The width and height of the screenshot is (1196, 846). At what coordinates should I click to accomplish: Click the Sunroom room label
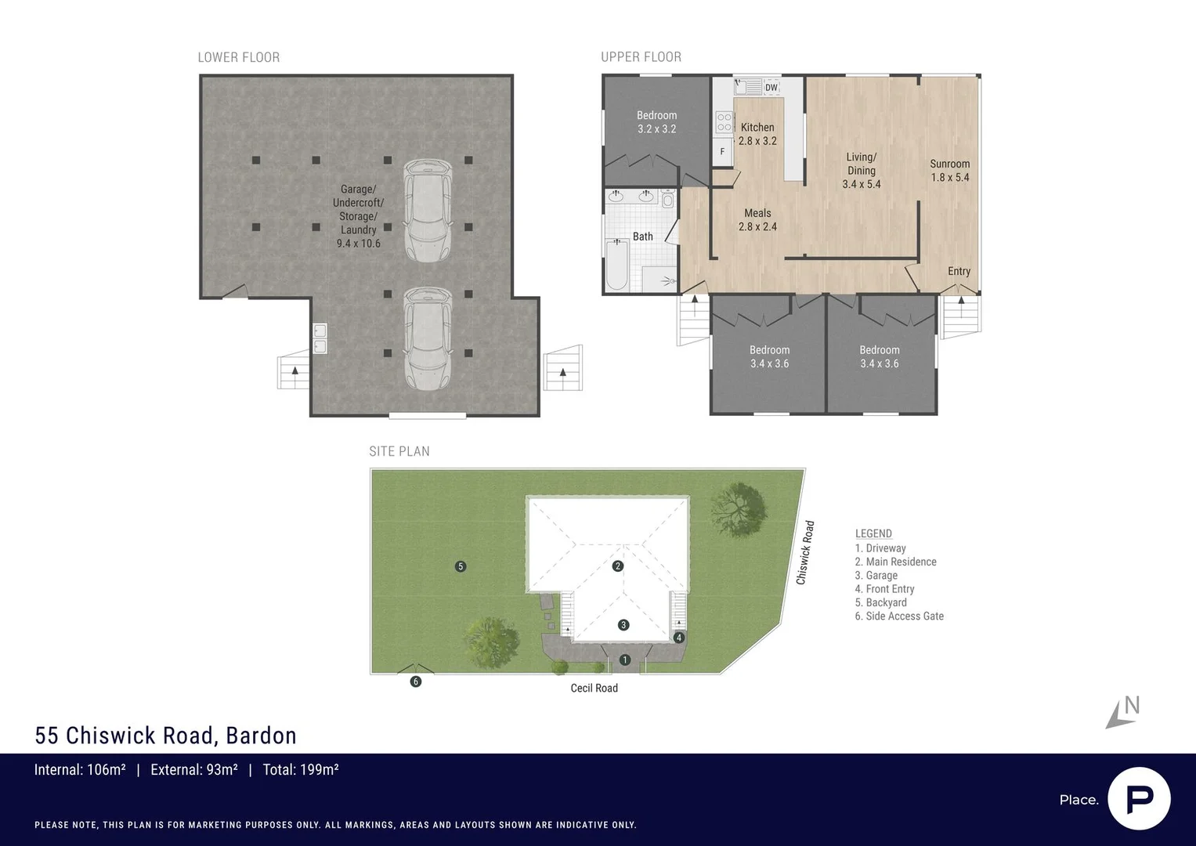[949, 170]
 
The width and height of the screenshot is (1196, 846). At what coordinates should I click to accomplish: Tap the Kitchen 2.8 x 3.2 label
[757, 134]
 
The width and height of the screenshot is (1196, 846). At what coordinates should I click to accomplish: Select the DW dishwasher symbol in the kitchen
[771, 87]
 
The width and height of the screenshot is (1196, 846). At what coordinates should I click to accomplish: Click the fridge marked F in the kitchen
[722, 151]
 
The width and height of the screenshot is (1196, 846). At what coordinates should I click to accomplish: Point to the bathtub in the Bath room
[617, 265]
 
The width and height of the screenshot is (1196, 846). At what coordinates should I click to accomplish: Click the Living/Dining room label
[861, 170]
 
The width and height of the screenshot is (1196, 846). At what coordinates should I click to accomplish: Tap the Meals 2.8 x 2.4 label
[757, 219]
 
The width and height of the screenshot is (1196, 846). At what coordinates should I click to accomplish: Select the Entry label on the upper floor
[959, 271]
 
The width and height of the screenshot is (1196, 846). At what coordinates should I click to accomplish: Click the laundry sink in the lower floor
[320, 338]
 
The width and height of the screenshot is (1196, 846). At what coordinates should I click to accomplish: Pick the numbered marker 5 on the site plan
[461, 566]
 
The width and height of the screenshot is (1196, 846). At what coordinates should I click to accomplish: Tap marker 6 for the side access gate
[416, 681]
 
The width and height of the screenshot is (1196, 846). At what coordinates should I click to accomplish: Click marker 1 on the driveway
[625, 660]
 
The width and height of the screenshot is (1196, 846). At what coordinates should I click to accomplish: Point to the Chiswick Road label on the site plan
[804, 552]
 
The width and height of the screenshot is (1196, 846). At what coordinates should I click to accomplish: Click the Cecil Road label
[594, 688]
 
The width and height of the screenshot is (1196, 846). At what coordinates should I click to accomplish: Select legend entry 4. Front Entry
[884, 589]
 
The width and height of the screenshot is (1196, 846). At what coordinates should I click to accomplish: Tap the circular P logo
[1139, 798]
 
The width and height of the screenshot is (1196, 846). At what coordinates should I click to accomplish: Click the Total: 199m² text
[300, 770]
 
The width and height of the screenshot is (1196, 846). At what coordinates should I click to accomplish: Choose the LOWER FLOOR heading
[238, 57]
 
